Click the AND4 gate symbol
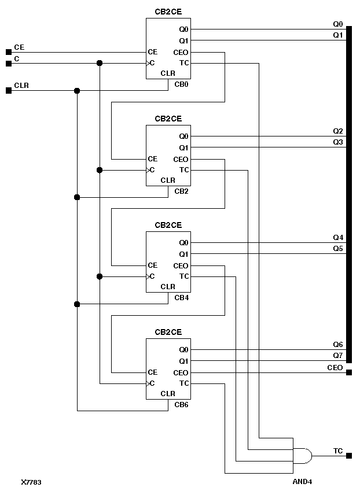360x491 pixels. pyautogui.click(x=303, y=456)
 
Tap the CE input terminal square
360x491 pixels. pyautogui.click(x=8, y=52)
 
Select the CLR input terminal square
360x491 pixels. pyautogui.click(x=8, y=90)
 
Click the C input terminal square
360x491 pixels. pyautogui.click(x=8, y=63)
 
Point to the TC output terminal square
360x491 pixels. pyautogui.click(x=349, y=456)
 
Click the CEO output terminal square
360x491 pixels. pyautogui.click(x=349, y=372)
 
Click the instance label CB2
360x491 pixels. pyautogui.click(x=181, y=191)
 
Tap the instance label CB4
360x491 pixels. pyautogui.click(x=181, y=297)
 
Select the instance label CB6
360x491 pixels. pyautogui.click(x=181, y=404)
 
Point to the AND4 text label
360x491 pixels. pyautogui.click(x=303, y=481)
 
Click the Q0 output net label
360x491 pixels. pyautogui.click(x=338, y=24)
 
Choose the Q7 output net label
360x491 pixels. pyautogui.click(x=338, y=355)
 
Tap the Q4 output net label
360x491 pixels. pyautogui.click(x=338, y=238)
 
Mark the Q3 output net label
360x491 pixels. pyautogui.click(x=338, y=142)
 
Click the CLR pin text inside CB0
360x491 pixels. pyautogui.click(x=168, y=73)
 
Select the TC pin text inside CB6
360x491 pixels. pyautogui.click(x=184, y=383)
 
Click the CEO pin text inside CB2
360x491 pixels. pyautogui.click(x=181, y=159)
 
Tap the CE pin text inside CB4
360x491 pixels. pyautogui.click(x=153, y=265)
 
